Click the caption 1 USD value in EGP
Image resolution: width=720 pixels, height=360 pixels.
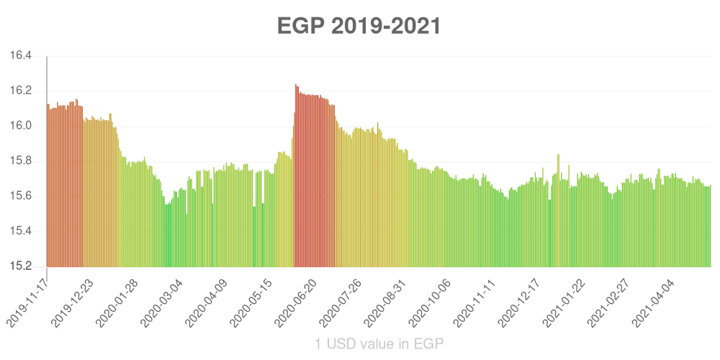379,344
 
